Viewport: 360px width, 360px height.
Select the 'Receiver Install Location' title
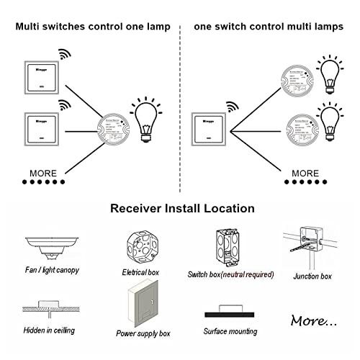click(x=182, y=209)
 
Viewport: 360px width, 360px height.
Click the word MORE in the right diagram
click(x=305, y=174)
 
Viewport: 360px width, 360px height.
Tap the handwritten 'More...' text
click(x=311, y=319)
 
